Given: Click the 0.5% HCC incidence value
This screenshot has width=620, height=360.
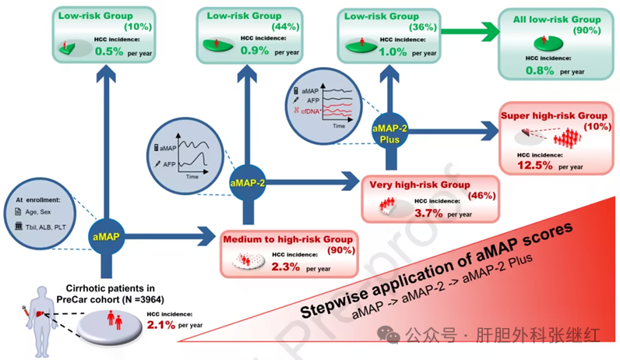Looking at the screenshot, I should pyautogui.click(x=109, y=51).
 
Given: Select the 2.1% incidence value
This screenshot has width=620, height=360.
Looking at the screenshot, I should pyautogui.click(x=164, y=324).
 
